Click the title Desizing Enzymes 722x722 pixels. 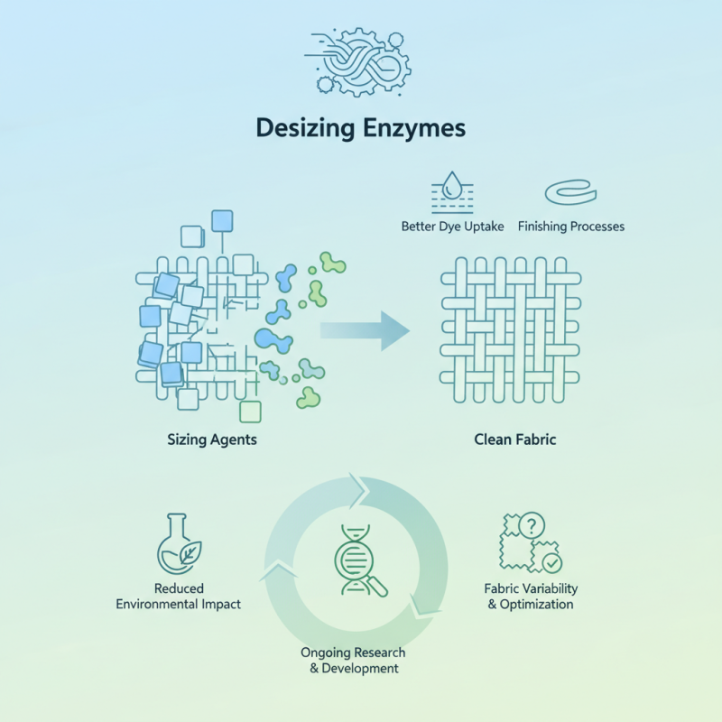coord(360,128)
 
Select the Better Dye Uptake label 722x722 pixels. coord(452,227)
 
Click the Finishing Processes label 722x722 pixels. coord(570,227)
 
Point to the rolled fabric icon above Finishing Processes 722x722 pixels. coord(570,192)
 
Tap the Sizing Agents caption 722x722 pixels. coord(212,440)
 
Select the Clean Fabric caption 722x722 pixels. coord(515,440)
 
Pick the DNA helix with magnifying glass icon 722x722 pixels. coord(359,560)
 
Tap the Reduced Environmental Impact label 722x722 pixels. coord(179,597)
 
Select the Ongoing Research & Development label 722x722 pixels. coord(353,660)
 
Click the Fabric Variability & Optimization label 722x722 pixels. coord(531,597)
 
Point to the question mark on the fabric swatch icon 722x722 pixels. coord(532,524)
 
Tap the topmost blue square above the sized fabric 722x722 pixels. coord(221,220)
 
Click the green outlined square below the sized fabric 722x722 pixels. coord(250,412)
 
